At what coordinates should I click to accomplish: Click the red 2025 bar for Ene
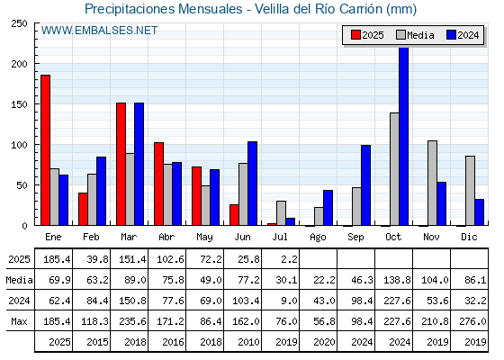[45, 150]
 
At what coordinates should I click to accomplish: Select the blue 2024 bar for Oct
[404, 136]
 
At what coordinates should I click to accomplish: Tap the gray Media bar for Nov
[432, 183]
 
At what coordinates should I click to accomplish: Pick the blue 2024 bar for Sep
[365, 185]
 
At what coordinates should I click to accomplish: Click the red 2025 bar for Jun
[234, 215]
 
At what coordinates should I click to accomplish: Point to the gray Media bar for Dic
[470, 191]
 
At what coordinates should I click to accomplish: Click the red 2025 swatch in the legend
[355, 35]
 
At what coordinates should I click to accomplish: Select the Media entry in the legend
[415, 35]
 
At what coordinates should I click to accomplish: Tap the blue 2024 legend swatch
[451, 35]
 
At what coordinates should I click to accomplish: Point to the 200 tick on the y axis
[19, 64]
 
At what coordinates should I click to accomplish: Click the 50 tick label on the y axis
[22, 185]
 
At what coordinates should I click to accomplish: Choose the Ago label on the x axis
[318, 238]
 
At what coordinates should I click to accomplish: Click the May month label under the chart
[204, 238]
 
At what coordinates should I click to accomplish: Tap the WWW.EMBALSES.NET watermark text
[99, 31]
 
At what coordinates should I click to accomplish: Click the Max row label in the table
[19, 321]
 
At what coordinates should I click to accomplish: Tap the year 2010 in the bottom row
[248, 342]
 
